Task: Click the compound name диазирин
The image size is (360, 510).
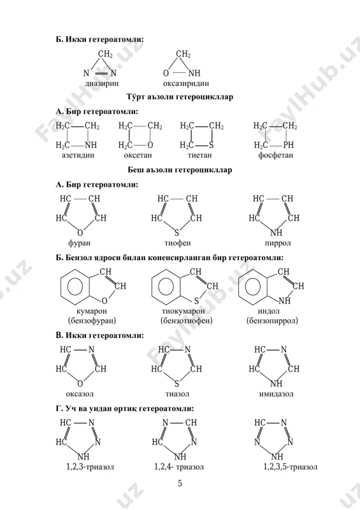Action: [101, 84]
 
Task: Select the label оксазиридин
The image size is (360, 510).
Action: [185, 84]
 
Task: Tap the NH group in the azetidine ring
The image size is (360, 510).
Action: [90, 145]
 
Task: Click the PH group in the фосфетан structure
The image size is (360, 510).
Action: [288, 145]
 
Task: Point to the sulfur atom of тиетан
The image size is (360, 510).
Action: [212, 145]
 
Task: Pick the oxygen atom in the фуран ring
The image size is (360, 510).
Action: [80, 233]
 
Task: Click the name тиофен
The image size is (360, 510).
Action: [178, 243]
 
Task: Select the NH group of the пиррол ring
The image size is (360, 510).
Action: [276, 233]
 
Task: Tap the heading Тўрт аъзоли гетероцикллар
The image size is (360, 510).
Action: [180, 97]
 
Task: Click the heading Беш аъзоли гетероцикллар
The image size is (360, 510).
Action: [180, 170]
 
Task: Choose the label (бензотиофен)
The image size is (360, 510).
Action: [186, 321]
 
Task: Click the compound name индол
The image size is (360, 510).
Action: [269, 311]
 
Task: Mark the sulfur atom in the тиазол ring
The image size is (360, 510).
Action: [177, 384]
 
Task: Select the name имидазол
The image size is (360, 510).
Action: [276, 394]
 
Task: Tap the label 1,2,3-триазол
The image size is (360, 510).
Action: [90, 467]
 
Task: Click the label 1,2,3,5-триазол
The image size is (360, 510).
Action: [290, 467]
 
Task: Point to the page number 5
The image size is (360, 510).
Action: [180, 483]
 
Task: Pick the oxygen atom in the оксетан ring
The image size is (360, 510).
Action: [150, 145]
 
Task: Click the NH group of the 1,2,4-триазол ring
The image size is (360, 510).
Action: [180, 456]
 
